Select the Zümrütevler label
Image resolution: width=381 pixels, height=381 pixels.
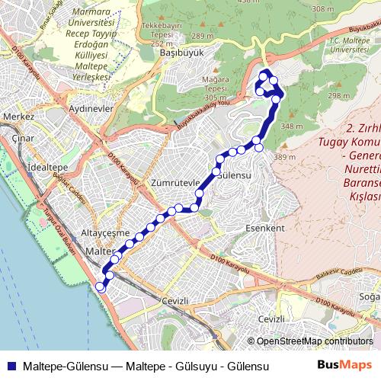pyautogui.click(x=175, y=183)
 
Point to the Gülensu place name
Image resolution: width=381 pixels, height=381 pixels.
pyautogui.click(x=235, y=174)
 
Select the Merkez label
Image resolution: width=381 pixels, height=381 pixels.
pyautogui.click(x=19, y=117)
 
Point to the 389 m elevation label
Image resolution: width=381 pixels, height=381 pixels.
pyautogui.click(x=284, y=157)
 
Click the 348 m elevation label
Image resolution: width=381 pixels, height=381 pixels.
pyautogui.click(x=292, y=126)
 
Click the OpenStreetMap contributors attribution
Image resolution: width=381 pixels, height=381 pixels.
pyautogui.click(x=315, y=341)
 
